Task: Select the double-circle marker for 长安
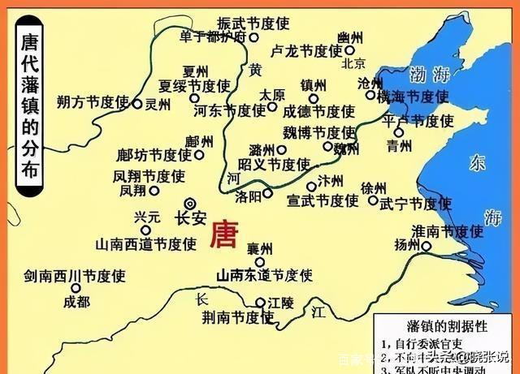click(x=190, y=204)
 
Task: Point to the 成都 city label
click(x=76, y=303)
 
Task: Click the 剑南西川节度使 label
click(x=75, y=275)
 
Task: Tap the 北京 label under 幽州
click(x=354, y=63)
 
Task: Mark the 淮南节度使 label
click(x=447, y=232)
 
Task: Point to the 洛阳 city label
click(x=247, y=196)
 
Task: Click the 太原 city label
click(x=273, y=95)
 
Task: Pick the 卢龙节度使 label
click(x=307, y=50)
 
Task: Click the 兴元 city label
click(x=153, y=219)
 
